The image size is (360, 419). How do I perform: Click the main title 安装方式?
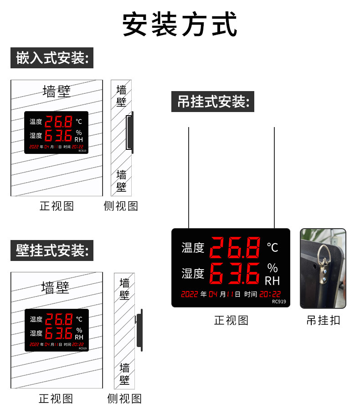tap(180, 25)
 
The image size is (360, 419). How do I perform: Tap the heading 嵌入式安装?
tap(52, 58)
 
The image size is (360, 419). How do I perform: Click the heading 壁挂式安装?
tap(52, 250)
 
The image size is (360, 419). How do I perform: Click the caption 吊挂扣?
tap(323, 320)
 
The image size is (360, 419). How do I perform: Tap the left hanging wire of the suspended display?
tap(189, 178)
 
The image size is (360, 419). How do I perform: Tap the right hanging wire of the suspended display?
tap(274, 178)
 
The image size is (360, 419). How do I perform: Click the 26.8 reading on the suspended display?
tap(235, 247)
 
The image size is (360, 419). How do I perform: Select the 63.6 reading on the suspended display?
tap(235, 273)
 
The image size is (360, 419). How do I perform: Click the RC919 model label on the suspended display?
tap(279, 301)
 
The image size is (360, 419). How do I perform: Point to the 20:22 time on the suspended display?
tap(270, 294)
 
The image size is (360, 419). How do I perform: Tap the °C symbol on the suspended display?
tap(273, 247)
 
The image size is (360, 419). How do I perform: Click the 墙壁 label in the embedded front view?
tap(57, 91)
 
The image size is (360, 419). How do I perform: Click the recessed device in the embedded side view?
tap(130, 132)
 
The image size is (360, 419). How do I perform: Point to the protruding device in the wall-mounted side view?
tap(140, 330)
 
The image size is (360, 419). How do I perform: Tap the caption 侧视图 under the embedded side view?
tap(121, 206)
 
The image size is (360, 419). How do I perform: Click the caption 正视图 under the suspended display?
tap(231, 320)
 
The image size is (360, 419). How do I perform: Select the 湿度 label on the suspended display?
tap(193, 273)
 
